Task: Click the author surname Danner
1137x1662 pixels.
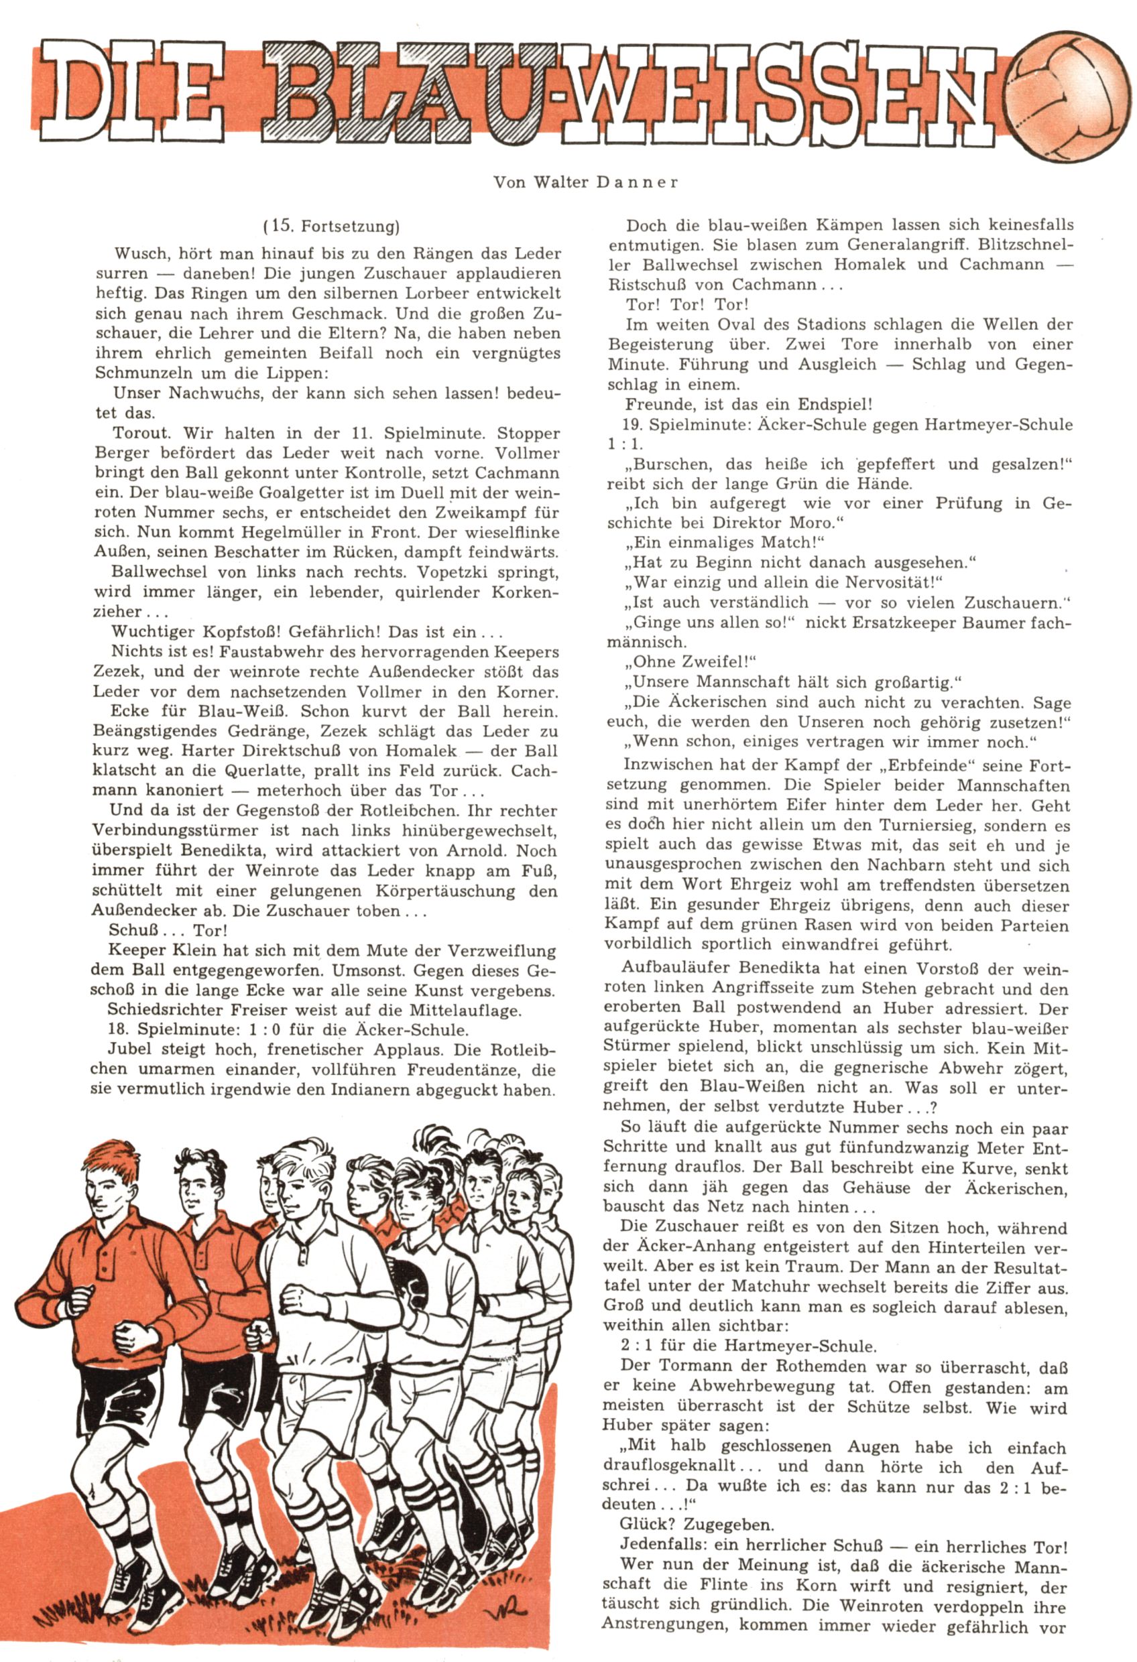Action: pos(636,182)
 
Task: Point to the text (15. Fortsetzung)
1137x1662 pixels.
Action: pos(331,227)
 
